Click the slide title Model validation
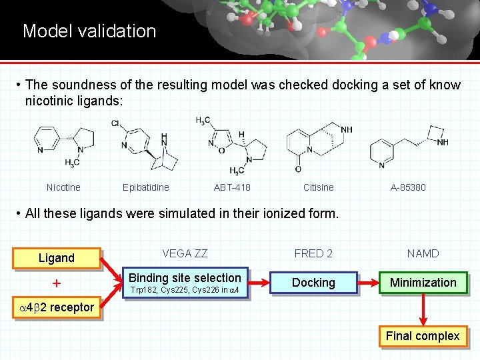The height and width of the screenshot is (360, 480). click(x=89, y=31)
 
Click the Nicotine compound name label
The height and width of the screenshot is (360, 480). click(x=63, y=187)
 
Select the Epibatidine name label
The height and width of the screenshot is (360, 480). click(x=146, y=187)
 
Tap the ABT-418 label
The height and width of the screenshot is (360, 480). click(x=232, y=187)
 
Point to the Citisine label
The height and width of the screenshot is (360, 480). click(x=318, y=187)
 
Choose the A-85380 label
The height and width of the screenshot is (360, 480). click(x=408, y=187)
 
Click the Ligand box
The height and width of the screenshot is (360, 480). click(x=57, y=258)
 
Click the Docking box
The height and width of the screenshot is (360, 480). click(x=313, y=283)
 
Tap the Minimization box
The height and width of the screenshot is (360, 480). click(x=423, y=283)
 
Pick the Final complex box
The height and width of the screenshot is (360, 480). click(x=423, y=336)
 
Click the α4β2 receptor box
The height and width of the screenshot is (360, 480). click(x=56, y=308)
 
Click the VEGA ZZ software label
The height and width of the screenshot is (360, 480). click(x=185, y=253)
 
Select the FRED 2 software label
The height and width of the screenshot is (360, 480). click(x=313, y=253)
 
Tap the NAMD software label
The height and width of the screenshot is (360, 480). click(x=423, y=253)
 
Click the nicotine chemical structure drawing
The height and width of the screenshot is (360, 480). click(x=64, y=146)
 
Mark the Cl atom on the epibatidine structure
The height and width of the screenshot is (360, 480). click(x=115, y=123)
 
